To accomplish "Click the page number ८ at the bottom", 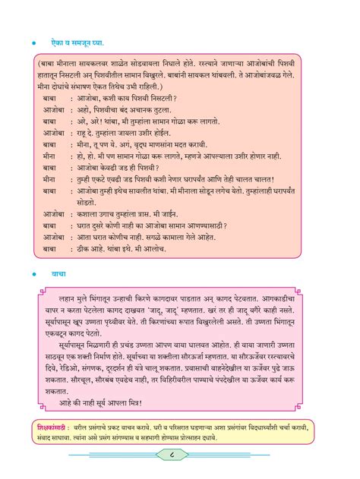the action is click(180, 455).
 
